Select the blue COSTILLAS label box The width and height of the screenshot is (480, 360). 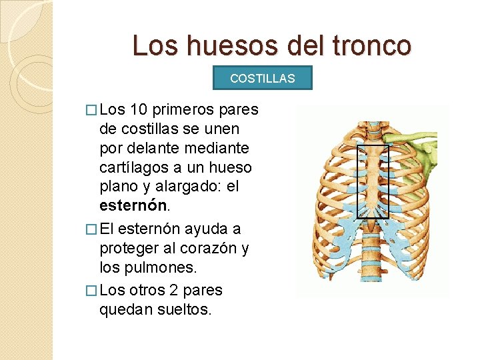pos(262,78)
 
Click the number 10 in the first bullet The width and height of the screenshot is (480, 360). pos(141,109)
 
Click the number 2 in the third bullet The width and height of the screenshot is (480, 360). pos(178,291)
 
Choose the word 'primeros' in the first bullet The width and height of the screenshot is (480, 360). pos(183,109)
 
